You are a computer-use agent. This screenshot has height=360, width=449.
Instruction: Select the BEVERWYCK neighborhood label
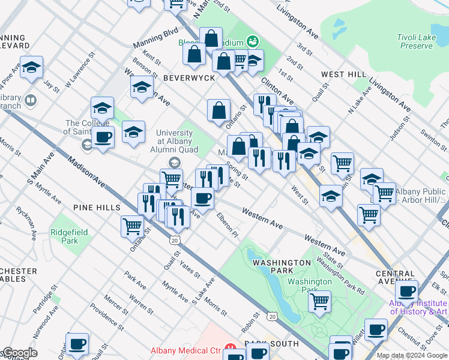point(185,78)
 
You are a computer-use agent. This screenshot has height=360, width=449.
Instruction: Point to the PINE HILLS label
point(97,207)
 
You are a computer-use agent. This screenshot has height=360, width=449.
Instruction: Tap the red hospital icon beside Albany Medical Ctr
point(229,349)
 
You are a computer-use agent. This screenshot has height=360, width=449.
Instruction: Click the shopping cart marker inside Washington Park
point(320,300)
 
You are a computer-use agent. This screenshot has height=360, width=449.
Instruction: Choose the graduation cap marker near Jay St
point(31,67)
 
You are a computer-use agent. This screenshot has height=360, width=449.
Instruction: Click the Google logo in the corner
point(19,353)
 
